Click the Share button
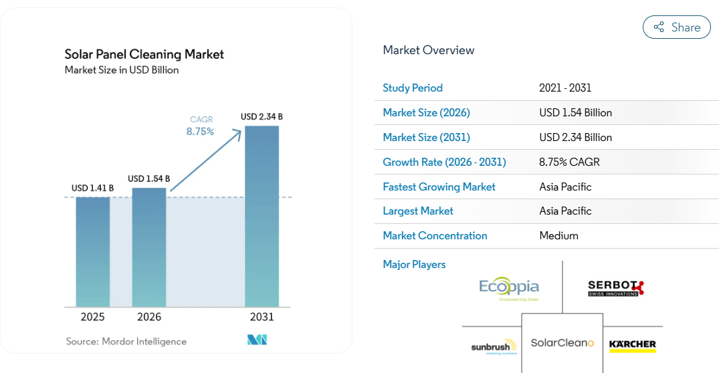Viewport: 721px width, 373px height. tap(676, 27)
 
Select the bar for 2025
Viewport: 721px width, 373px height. tap(93, 252)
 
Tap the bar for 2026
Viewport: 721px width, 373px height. tap(149, 247)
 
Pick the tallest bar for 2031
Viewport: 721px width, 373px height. tap(262, 216)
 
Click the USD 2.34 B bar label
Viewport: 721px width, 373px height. tap(262, 117)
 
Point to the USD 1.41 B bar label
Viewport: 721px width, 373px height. tap(92, 188)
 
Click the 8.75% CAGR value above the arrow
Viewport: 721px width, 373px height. tap(200, 132)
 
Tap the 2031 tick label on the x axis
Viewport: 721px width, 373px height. tap(262, 317)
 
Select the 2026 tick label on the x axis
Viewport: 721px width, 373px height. tap(149, 317)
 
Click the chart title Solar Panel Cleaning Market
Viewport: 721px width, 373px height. tap(144, 54)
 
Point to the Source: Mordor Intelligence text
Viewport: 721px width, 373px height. tap(126, 342)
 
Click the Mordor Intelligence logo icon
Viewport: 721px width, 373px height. tap(257, 340)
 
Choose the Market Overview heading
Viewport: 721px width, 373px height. tap(429, 50)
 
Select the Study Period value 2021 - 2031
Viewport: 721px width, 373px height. tap(565, 88)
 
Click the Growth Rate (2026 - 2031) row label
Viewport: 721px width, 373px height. tap(444, 162)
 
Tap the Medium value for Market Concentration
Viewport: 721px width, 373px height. tap(558, 236)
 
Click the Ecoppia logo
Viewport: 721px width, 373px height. tap(509, 289)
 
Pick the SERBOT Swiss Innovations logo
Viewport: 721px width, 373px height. tap(616, 288)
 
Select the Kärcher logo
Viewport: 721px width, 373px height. tap(632, 346)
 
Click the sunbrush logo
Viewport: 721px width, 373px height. tap(494, 347)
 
